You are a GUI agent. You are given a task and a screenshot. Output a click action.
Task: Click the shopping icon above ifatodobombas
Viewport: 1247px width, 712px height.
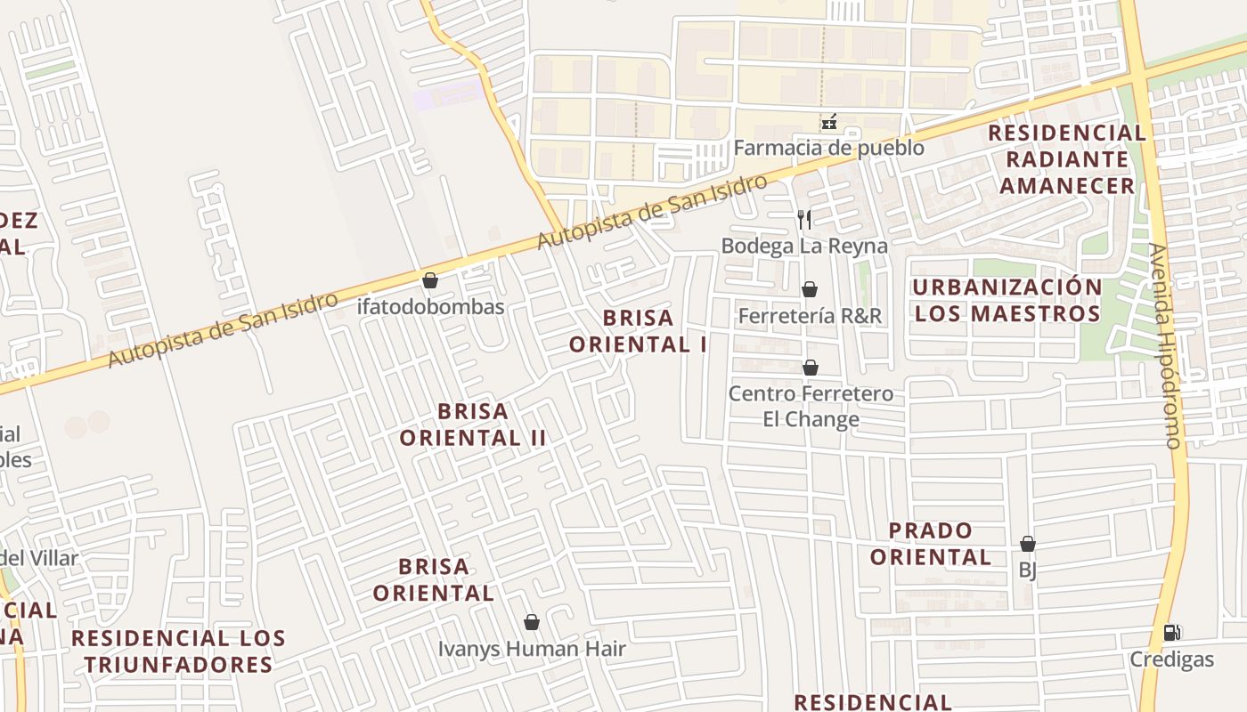430,281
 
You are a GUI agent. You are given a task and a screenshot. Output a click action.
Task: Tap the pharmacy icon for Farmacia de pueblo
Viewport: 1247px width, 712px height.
828,122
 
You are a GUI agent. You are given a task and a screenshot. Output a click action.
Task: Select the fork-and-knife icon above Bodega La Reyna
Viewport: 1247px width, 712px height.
804,219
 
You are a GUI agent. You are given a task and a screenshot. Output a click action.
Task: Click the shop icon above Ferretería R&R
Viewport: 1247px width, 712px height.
810,289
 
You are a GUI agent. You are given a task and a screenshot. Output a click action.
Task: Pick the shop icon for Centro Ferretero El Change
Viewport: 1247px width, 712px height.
811,368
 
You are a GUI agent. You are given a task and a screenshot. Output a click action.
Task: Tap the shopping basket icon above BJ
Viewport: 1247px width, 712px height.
1027,544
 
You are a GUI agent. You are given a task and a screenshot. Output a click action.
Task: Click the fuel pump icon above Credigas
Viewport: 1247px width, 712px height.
1172,633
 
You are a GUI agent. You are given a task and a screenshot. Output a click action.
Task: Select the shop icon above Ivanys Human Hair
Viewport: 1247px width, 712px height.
532,622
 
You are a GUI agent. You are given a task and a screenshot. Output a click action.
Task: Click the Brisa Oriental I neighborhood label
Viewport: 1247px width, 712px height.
638,331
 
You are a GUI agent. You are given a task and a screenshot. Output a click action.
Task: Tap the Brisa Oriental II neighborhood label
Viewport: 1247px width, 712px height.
472,425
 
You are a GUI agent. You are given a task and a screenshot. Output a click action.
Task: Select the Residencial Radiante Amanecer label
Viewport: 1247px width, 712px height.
1067,159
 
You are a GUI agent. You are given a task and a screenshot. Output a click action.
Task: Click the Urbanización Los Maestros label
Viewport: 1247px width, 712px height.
1007,301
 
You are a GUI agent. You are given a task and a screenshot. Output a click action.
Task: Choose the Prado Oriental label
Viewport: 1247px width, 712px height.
931,545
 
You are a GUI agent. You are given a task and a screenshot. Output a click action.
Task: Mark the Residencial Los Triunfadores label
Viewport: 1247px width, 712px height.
178,651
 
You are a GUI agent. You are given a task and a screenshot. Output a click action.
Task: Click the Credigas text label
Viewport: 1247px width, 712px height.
1171,659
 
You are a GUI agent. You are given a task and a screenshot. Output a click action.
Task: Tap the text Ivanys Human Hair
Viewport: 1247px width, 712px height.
532,649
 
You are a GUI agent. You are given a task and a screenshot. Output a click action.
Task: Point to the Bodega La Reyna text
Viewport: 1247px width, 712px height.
804,246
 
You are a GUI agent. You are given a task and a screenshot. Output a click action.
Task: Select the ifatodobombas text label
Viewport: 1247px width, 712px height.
430,307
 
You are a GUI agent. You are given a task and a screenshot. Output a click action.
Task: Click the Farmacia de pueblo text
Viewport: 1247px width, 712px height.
828,148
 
